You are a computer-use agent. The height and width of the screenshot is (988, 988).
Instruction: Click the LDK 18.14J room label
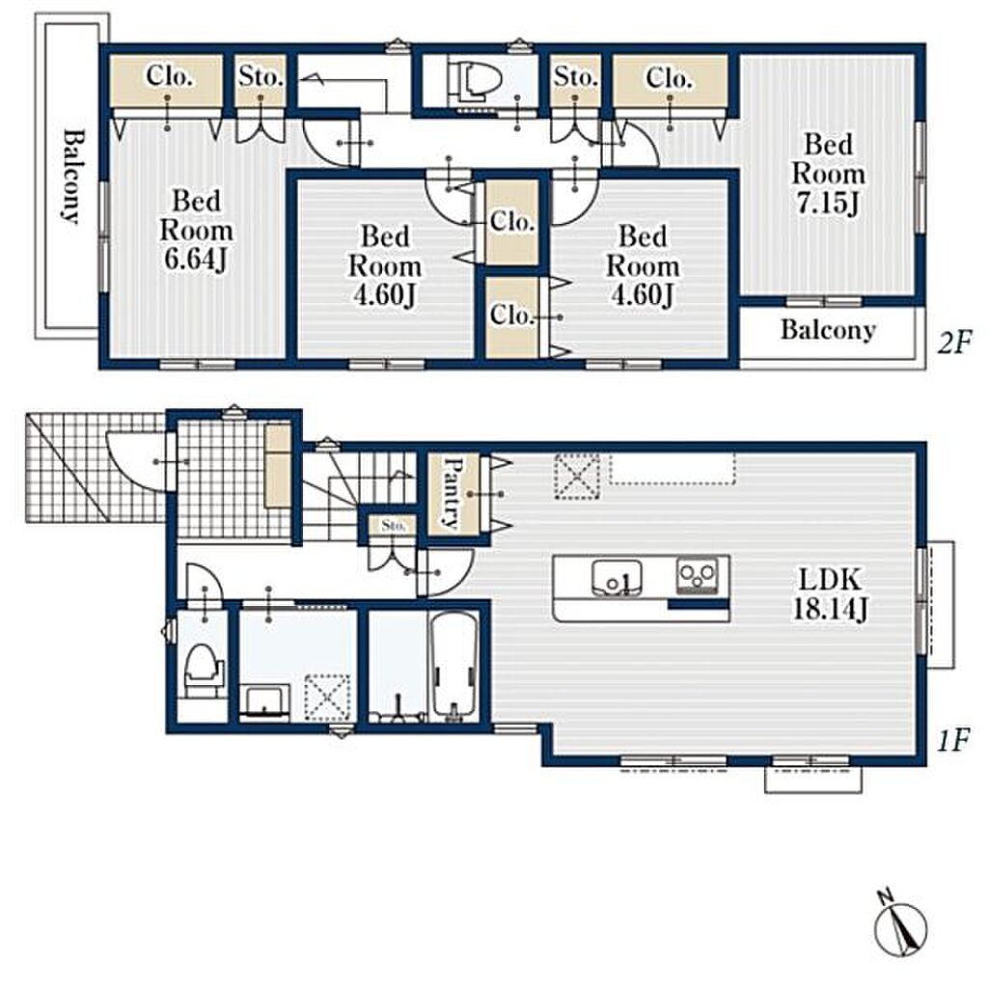(x=829, y=593)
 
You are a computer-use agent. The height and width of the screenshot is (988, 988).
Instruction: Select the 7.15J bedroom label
(x=828, y=174)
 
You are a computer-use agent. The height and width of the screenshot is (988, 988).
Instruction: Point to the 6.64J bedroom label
(x=196, y=231)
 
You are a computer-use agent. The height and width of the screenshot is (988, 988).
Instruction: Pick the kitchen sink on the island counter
(x=617, y=577)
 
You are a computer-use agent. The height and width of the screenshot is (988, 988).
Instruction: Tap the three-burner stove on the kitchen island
(x=697, y=576)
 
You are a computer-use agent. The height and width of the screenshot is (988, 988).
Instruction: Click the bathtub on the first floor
(x=453, y=667)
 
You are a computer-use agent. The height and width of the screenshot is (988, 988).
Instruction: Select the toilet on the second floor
(x=475, y=81)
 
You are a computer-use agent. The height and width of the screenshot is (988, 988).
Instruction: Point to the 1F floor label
(x=952, y=740)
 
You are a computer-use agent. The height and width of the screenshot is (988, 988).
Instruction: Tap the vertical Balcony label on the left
(x=73, y=177)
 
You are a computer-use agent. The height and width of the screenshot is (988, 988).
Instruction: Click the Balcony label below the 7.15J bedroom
(x=828, y=330)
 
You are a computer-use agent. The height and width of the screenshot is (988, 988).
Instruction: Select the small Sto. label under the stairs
(x=394, y=525)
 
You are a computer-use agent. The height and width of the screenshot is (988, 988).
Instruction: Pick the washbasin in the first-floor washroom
(x=264, y=702)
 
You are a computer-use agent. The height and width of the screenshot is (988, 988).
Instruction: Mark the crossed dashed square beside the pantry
(x=576, y=477)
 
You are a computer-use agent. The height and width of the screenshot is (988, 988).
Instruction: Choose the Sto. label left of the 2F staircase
(x=261, y=76)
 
